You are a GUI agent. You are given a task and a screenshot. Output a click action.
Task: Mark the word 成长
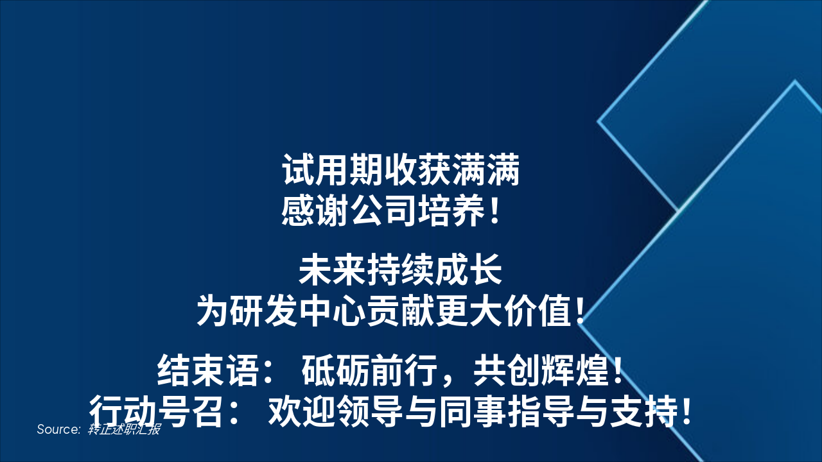476,272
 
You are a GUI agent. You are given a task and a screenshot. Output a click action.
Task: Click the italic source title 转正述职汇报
124,429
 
